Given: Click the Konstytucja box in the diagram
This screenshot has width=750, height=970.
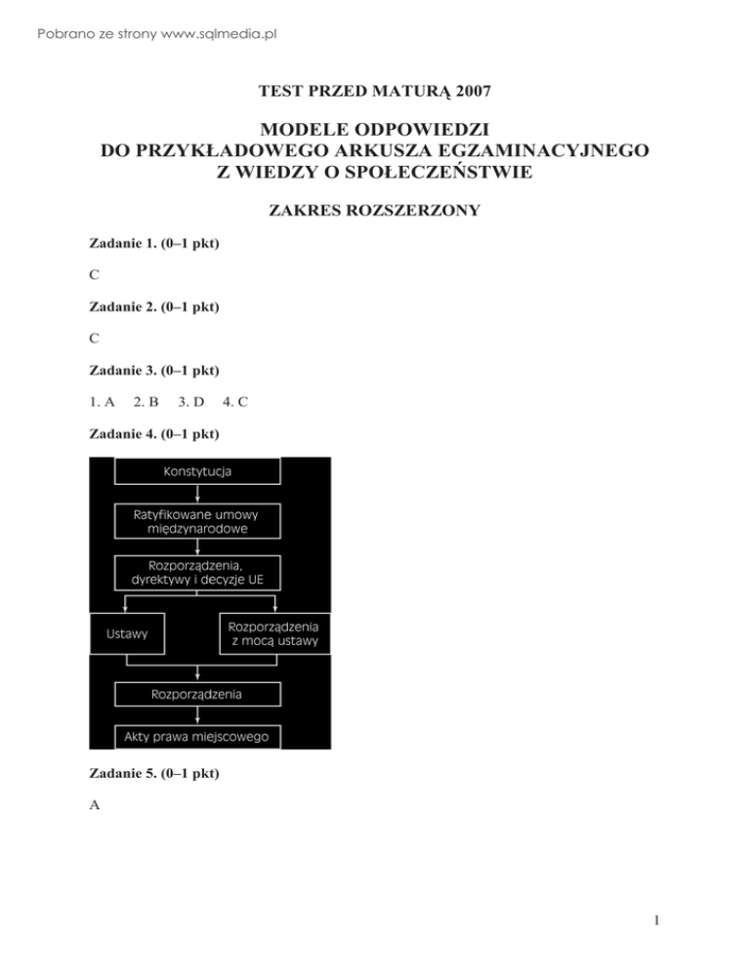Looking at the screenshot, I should pyautogui.click(x=198, y=471).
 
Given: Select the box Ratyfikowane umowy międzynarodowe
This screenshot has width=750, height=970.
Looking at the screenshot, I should pyautogui.click(x=198, y=520).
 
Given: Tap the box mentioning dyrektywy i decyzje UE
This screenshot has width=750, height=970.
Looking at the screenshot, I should pyautogui.click(x=198, y=573).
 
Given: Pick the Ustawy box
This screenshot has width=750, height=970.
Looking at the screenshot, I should pyautogui.click(x=127, y=633).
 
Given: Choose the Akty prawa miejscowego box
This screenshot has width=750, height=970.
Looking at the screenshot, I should pyautogui.click(x=198, y=735).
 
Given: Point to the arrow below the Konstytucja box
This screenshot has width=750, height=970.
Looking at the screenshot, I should pyautogui.click(x=198, y=494).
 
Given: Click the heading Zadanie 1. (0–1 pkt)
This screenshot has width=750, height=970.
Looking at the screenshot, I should pyautogui.click(x=153, y=243).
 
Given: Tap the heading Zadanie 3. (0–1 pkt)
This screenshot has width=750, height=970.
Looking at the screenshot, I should pyautogui.click(x=153, y=370).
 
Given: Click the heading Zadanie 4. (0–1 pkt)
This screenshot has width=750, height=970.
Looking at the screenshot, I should pyautogui.click(x=153, y=433).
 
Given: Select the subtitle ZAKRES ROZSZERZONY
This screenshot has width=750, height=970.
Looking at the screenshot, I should pyautogui.click(x=375, y=210).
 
